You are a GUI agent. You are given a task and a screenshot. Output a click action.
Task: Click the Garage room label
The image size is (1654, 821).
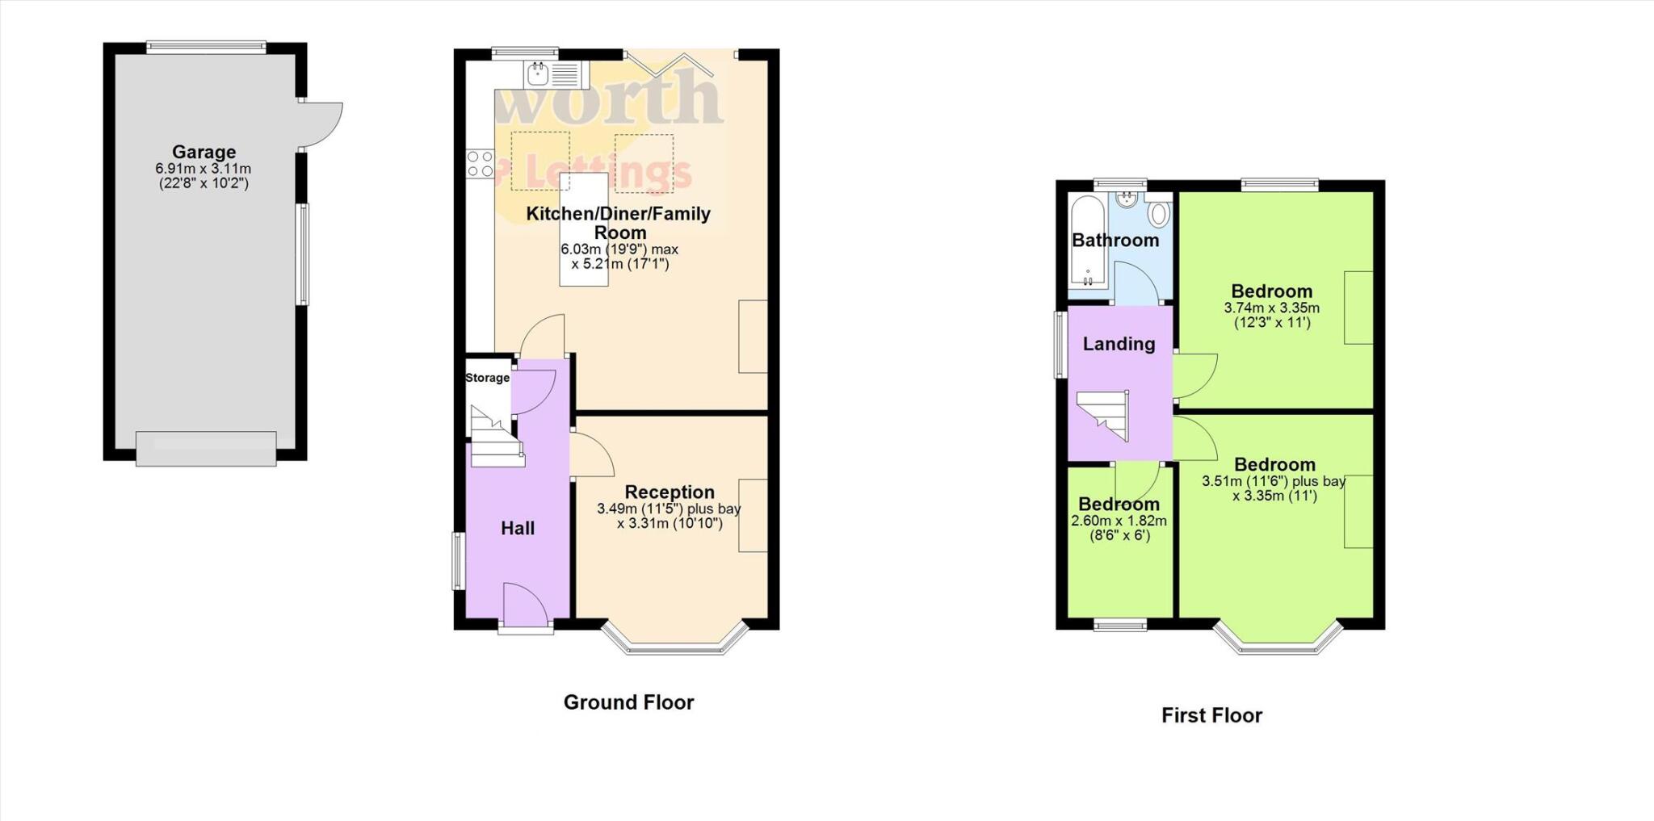pos(204,152)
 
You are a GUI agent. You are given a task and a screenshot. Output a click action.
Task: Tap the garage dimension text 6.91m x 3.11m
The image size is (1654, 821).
pos(204,170)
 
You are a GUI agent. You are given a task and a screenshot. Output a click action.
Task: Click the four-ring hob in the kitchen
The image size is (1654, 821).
pos(481,163)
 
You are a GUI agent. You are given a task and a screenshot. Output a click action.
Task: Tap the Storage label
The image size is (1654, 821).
pos(487,378)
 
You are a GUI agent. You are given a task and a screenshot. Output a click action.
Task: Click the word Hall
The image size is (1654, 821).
pos(518,528)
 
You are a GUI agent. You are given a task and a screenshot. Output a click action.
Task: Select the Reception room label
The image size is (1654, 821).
pos(670,492)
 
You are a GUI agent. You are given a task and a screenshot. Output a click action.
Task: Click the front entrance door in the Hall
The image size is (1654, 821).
pos(526,603)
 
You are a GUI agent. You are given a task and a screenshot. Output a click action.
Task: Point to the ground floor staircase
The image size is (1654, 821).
pos(494,440)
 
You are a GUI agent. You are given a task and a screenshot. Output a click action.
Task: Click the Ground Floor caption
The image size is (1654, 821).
pos(628,702)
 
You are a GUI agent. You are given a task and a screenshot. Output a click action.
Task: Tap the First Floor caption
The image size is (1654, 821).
pos(1211,715)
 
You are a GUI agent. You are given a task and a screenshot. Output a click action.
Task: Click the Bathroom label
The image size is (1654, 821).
pos(1115,240)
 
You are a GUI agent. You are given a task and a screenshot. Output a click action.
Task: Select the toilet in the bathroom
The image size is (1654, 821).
pos(1159,214)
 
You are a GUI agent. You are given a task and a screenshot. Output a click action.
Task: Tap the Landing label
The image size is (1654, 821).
pos(1119,344)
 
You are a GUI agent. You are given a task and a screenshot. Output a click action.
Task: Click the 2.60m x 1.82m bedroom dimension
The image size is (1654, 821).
pos(1119,522)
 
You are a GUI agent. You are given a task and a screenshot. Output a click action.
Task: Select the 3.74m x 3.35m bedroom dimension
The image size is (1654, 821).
pos(1271,308)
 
